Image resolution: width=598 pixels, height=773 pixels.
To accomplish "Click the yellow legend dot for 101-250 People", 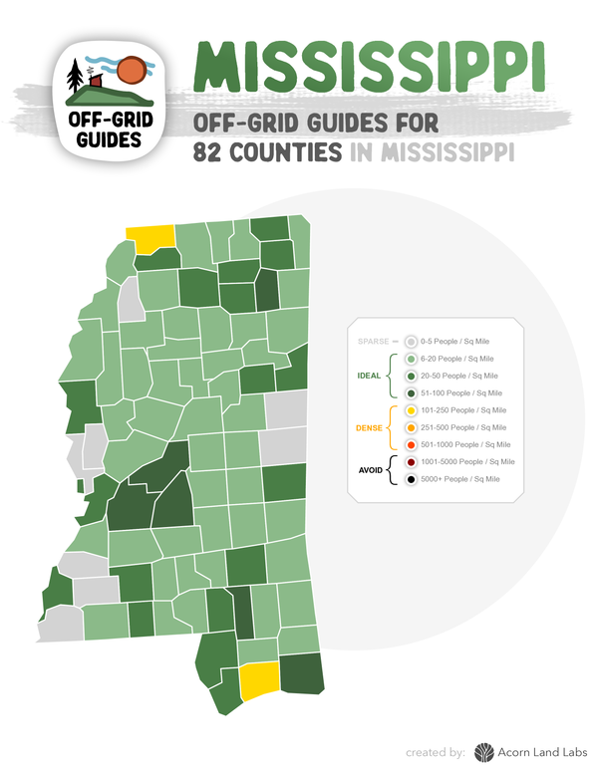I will tap(411, 409).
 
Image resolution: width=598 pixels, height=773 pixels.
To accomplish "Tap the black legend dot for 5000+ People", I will tap(411, 479).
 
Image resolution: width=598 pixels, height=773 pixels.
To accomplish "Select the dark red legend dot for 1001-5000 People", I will tap(411, 462).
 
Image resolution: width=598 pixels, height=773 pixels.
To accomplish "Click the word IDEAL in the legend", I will tap(369, 377).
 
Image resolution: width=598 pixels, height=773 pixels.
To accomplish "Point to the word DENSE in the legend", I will tap(370, 427).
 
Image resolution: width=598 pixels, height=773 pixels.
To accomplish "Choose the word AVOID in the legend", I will tap(371, 470).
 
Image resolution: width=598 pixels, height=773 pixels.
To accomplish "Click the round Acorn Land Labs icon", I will tap(483, 752).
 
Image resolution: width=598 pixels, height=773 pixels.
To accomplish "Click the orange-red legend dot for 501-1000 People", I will tap(411, 444).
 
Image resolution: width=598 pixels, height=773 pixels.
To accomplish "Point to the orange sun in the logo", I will tap(131, 72).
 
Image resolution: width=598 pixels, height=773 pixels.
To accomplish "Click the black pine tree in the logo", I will tap(75, 77).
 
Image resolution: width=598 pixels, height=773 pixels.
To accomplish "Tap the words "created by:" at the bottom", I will tap(436, 752).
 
